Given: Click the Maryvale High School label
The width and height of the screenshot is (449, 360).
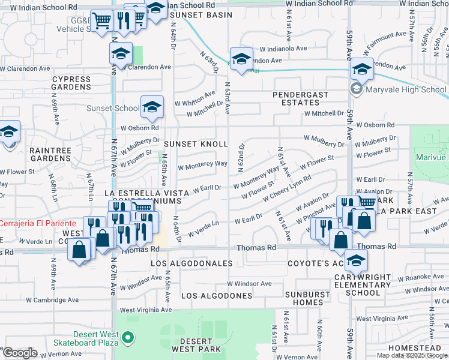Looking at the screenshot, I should pos(404,90).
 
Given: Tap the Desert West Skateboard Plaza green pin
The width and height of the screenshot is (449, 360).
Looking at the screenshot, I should pos(127,338).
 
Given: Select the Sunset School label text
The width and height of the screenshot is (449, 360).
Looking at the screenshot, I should pos(113,109).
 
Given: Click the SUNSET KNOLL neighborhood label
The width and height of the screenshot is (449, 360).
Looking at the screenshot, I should pos(196,144).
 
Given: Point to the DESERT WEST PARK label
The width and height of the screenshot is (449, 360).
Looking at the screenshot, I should pos(196,344).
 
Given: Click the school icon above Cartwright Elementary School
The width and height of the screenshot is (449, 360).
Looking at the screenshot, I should pos(356,260).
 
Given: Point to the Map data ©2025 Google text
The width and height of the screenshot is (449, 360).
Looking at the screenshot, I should pos(412,355).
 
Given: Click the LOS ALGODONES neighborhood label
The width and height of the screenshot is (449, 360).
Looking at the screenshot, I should pos(217,296).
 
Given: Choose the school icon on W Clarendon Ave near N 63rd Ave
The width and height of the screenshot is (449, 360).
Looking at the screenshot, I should pos(241,59).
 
